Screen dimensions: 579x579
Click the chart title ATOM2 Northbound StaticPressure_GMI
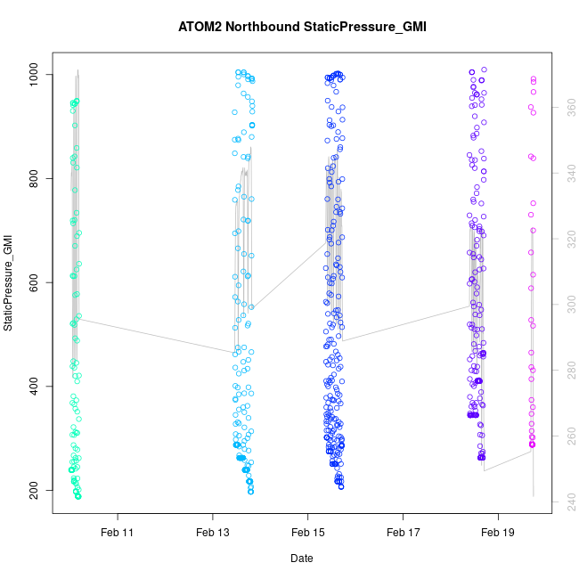click(x=302, y=27)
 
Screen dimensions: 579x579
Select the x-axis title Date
click(x=301, y=559)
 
